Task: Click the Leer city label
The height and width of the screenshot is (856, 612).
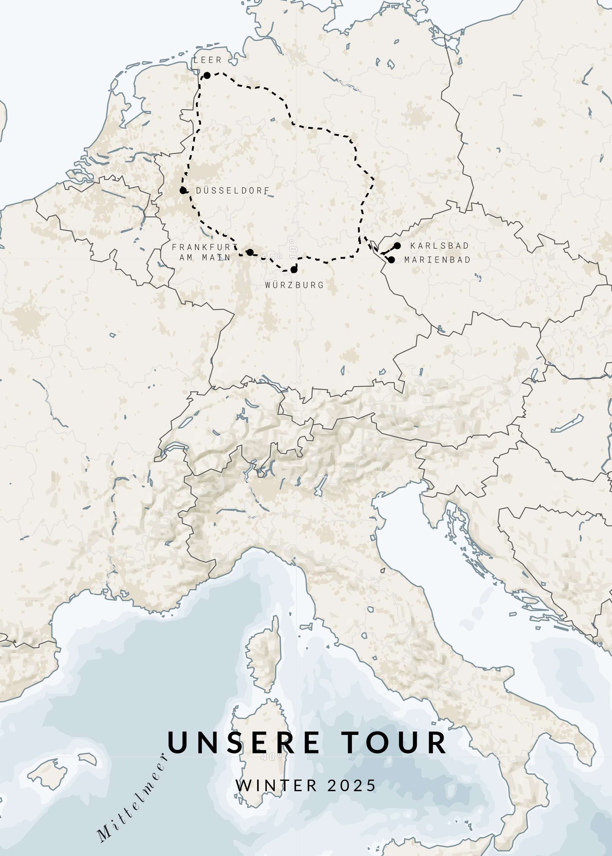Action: tap(208, 60)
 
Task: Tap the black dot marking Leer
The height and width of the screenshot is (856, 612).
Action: tap(207, 75)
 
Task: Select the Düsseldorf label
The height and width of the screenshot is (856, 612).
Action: tap(233, 190)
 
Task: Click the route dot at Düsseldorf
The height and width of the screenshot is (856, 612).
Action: tap(183, 190)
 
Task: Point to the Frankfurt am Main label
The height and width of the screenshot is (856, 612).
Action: tap(204, 252)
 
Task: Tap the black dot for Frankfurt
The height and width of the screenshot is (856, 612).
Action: tap(250, 253)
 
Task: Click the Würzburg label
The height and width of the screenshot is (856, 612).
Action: tap(294, 285)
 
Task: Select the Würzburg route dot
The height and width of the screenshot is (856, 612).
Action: tap(294, 270)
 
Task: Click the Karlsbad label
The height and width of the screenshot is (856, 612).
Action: tap(440, 246)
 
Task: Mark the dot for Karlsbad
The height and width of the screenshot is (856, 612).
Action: tap(397, 246)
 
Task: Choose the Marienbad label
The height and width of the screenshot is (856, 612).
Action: tap(437, 260)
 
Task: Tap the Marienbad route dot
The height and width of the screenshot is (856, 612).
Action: tap(391, 260)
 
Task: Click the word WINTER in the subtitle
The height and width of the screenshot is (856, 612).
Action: tap(277, 785)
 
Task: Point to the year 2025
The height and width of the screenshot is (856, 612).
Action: tap(352, 785)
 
